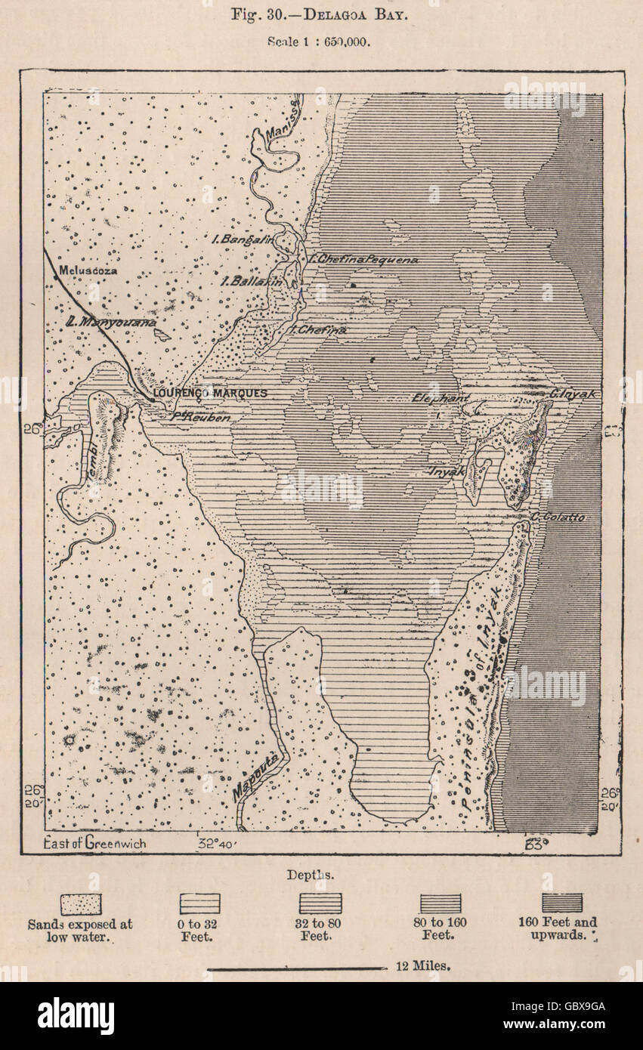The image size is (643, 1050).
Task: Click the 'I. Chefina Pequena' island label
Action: (x=364, y=259)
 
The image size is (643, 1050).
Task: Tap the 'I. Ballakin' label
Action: (x=251, y=281)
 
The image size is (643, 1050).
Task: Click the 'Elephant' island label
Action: (x=441, y=397)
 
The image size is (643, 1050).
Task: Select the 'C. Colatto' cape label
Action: (x=558, y=517)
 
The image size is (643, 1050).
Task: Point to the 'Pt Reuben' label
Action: (x=200, y=416)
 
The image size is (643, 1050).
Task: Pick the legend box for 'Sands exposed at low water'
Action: (x=80, y=903)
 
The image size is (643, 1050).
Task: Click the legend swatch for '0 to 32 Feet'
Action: (x=199, y=903)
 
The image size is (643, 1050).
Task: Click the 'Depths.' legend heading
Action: (x=310, y=875)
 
